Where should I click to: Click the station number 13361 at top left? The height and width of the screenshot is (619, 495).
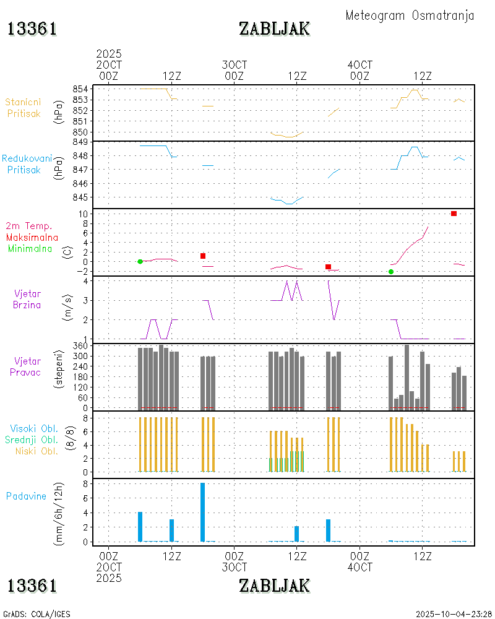[32, 28]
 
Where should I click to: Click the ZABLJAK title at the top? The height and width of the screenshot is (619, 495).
[274, 28]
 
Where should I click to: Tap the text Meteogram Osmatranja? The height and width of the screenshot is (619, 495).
[410, 15]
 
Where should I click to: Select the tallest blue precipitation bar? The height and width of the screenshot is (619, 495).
[202, 512]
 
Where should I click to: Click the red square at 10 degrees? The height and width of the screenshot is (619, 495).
[454, 214]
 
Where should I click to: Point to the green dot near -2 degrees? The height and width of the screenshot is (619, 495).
[390, 272]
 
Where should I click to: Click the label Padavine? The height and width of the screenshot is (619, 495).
[26, 496]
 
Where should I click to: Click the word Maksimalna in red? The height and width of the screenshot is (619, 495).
[32, 237]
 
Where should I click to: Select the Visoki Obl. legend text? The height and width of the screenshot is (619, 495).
[34, 428]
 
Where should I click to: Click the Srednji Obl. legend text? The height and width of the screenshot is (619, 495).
[33, 439]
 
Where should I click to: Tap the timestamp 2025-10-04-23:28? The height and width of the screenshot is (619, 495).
[454, 614]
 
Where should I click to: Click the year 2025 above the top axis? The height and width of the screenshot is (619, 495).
[109, 54]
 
